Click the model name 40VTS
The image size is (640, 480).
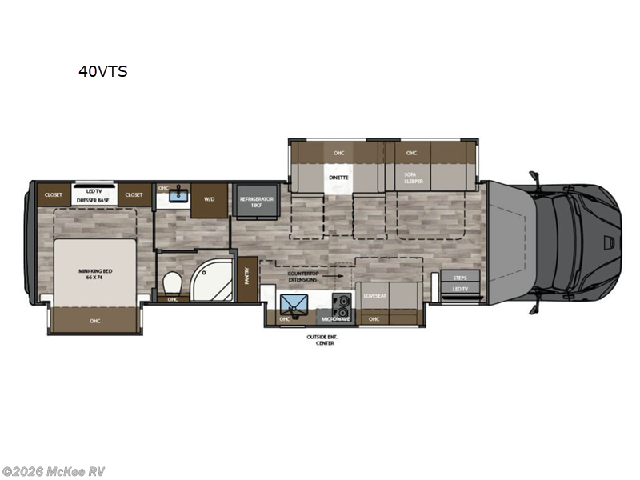pos(102,71)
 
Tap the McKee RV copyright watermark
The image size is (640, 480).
pos(54,471)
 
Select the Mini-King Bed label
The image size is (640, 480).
pos(96,274)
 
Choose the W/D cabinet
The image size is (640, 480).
pos(210,200)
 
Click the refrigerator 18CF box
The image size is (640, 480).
pos(255,200)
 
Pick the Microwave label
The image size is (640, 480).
pos(336,318)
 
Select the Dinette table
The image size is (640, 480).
pos(336,178)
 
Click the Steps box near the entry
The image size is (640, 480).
pos(460,277)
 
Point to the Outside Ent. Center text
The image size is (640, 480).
pos(324,340)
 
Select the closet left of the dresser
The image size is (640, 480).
pos(53,194)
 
